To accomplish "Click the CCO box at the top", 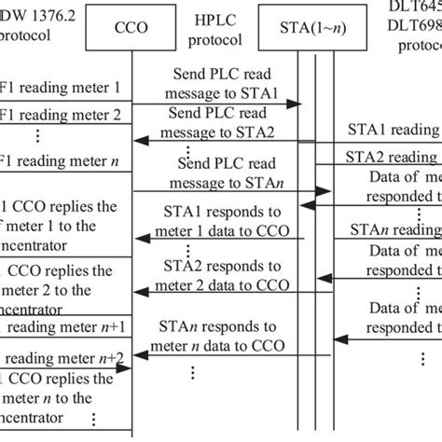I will pyautogui.click(x=132, y=27).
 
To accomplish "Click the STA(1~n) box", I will pyautogui.click(x=315, y=27).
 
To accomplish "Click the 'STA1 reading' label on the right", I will pyautogui.click(x=392, y=129).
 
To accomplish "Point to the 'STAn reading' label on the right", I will pyautogui.click(x=392, y=228).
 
